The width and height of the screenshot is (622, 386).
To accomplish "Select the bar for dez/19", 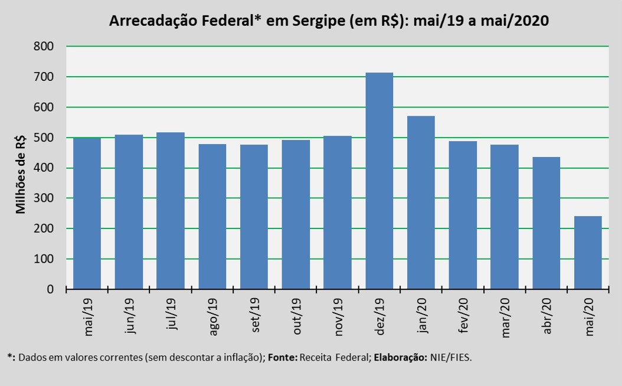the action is [x=379, y=181].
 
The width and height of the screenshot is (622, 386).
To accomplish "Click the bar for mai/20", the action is [x=588, y=253].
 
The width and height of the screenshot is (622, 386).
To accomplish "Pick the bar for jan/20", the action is [x=421, y=202].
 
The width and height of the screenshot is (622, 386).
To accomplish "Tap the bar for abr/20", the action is [x=546, y=223].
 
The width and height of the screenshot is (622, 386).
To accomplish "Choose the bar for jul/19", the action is [x=171, y=211].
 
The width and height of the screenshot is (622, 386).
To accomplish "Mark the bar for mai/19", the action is [x=87, y=214].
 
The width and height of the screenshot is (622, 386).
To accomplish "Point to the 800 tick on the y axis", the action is [x=44, y=47].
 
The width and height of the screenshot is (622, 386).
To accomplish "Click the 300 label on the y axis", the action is [x=44, y=198].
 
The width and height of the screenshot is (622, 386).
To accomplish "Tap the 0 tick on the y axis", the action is [x=50, y=289].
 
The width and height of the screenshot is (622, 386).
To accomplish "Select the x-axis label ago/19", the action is [x=212, y=317].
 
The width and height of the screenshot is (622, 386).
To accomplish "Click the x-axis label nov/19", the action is [x=338, y=317].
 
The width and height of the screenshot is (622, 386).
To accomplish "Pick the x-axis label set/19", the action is [x=255, y=315].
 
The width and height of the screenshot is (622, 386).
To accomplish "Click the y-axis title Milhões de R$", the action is [x=20, y=174].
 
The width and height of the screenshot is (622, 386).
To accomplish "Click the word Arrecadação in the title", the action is [x=152, y=21].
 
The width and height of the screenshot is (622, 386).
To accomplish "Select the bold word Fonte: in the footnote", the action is [x=283, y=358].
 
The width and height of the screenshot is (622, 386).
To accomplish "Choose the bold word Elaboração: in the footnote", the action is [x=401, y=358].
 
